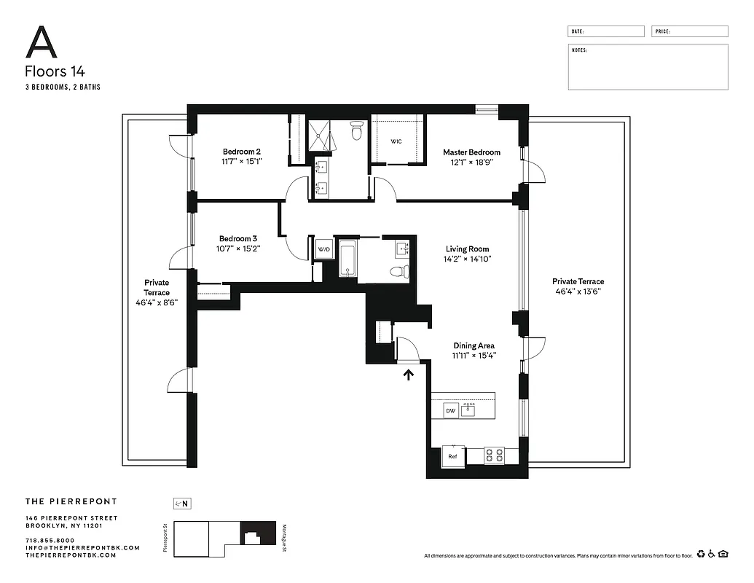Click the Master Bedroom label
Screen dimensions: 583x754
tap(472, 152)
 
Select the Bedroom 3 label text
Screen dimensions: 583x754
tap(238, 238)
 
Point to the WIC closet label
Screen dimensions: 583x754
tap(396, 141)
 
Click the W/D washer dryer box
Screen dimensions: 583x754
tap(323, 250)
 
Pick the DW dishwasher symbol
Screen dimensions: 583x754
tap(451, 411)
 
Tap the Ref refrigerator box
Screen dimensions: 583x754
tap(452, 456)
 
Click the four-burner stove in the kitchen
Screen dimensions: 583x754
tap(495, 456)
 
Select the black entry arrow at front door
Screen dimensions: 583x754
tap(409, 375)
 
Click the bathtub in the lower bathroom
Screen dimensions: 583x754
tap(347, 259)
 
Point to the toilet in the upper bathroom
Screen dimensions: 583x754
tap(356, 131)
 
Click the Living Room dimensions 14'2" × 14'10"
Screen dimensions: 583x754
tap(468, 259)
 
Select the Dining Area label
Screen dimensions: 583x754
tap(474, 346)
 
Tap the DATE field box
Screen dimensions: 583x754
tap(606, 31)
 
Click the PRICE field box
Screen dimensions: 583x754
tap(689, 31)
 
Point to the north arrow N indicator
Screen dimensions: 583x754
tap(182, 503)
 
